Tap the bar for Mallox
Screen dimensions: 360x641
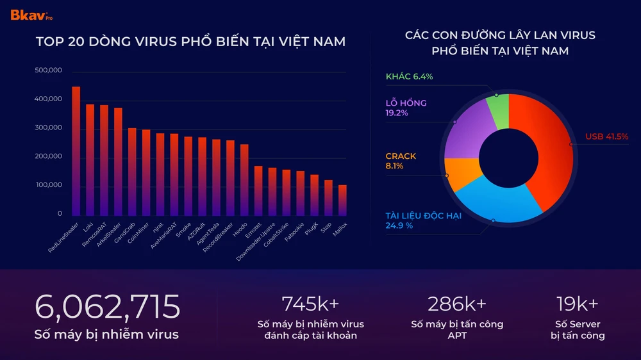click(x=342, y=200)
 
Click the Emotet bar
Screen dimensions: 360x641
click(x=258, y=191)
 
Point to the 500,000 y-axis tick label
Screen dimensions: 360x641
click(x=49, y=70)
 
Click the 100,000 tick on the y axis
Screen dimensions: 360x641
click(x=49, y=185)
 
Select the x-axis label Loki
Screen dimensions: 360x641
click(x=86, y=227)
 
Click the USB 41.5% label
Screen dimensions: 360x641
click(x=606, y=136)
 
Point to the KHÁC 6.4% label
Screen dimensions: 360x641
click(x=409, y=77)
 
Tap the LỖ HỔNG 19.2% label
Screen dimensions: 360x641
click(x=406, y=108)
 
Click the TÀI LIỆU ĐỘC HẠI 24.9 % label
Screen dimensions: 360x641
click(x=423, y=220)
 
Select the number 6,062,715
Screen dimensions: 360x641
click(x=108, y=307)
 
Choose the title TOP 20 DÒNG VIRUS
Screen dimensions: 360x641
click(x=190, y=42)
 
